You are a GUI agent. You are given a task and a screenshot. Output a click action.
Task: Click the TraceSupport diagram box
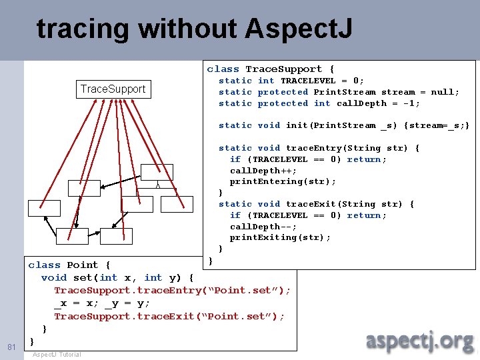pos(113,89)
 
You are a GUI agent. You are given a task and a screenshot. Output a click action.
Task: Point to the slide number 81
pos(11,347)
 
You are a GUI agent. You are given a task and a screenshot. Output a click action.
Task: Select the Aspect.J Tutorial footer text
pos(57,354)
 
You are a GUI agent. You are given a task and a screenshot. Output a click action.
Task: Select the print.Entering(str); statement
pos(283,181)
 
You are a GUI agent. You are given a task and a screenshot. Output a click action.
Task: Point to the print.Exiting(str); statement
pos(280,237)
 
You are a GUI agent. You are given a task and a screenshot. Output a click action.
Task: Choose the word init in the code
pos(297,125)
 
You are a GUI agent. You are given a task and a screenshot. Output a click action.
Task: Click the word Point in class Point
pos(83,265)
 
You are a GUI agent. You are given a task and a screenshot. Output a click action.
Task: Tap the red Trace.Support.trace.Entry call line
pos(172,291)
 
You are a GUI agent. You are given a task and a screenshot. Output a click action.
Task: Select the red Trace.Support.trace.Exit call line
pos(169,316)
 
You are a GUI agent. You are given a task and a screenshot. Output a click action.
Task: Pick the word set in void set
pos(83,277)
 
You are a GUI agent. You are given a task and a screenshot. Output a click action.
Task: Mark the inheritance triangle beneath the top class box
pos(157,185)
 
